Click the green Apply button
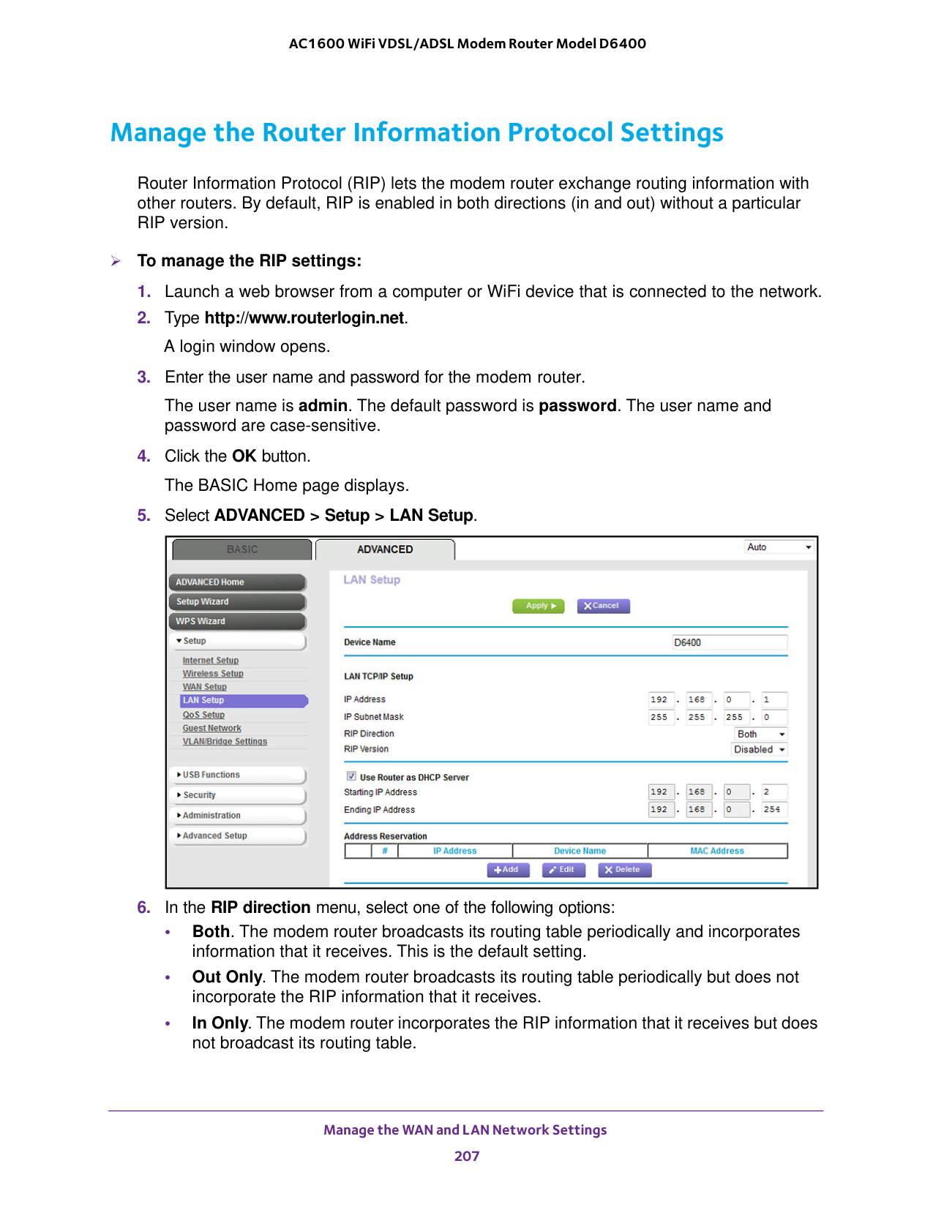(538, 606)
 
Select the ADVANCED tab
(385, 549)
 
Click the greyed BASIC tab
(242, 549)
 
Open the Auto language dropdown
(779, 547)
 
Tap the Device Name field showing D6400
(729, 642)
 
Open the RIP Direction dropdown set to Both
(760, 734)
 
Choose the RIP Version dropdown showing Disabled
(760, 749)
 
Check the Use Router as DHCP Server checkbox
(352, 776)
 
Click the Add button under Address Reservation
(506, 870)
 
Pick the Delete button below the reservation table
(623, 870)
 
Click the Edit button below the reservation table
(563, 870)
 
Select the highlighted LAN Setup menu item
(243, 700)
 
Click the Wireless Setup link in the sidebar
(213, 674)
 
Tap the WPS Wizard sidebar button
(236, 621)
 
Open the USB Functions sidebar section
(239, 775)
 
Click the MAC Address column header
(716, 851)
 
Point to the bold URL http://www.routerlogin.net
(304, 317)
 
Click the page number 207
(467, 1156)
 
